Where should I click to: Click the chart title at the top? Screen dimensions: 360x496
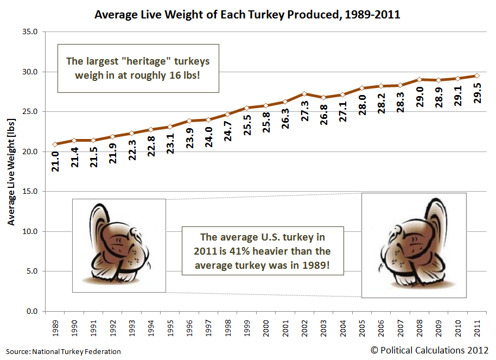[x=247, y=15]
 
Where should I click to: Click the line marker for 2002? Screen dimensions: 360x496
[x=304, y=93]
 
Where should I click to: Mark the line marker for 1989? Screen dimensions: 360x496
[x=55, y=144]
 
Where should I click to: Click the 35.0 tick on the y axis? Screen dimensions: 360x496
[x=30, y=32]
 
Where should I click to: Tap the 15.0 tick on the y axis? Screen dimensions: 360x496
[x=30, y=192]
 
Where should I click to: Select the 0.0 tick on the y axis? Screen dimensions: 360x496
[x=32, y=312]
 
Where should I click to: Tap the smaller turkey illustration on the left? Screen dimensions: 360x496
[x=119, y=245]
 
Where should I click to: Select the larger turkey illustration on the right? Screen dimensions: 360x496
[x=414, y=245]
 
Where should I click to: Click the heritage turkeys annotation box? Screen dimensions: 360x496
[x=138, y=68]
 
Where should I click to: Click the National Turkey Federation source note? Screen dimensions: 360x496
[x=64, y=352]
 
